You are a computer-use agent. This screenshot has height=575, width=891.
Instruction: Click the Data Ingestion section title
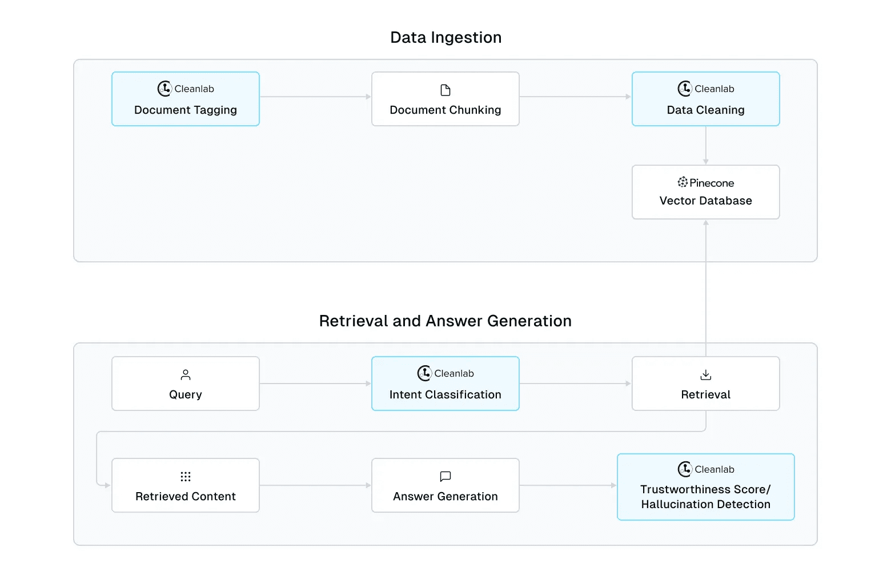tap(445, 38)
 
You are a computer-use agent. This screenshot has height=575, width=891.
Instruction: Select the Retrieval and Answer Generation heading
tap(445, 321)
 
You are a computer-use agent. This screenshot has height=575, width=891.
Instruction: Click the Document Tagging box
tap(186, 99)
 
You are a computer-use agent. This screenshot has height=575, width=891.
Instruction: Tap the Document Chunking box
tap(445, 99)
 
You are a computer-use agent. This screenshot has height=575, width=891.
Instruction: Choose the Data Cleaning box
tap(705, 99)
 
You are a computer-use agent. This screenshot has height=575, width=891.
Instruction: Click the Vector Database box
tap(705, 193)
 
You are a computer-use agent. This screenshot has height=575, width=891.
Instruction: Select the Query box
tap(186, 384)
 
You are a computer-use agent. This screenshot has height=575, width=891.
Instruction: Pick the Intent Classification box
tap(445, 384)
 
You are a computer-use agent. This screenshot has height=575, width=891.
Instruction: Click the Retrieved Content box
tap(186, 485)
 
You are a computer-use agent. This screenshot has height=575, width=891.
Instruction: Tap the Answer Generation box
tap(445, 485)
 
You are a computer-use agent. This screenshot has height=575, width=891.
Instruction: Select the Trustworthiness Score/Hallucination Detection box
tap(705, 487)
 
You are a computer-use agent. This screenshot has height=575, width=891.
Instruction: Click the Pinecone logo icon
tap(683, 182)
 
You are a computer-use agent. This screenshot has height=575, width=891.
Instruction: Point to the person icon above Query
tap(186, 375)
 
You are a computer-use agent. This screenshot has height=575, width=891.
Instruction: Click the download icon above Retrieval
tap(706, 375)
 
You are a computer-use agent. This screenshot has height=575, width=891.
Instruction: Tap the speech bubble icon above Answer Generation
tap(445, 476)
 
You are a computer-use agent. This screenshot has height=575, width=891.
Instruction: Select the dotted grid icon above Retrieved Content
tap(186, 477)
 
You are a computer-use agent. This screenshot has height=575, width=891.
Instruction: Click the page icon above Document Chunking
tap(445, 90)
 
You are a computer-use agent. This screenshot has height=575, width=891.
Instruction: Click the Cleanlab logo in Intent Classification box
tap(424, 373)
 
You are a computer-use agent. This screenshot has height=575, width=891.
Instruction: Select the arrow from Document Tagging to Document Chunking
tap(315, 97)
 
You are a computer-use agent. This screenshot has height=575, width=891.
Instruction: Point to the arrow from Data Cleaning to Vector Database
tap(706, 146)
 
